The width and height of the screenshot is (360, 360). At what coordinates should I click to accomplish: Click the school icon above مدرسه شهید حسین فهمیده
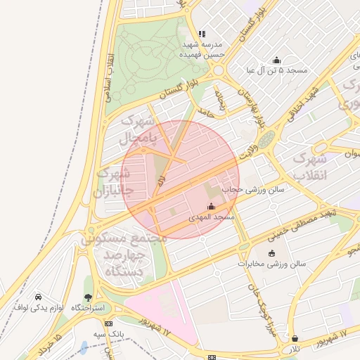[202, 33]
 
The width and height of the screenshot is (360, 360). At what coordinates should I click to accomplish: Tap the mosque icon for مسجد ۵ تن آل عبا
[276, 60]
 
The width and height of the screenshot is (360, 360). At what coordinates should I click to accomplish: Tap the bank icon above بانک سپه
[108, 323]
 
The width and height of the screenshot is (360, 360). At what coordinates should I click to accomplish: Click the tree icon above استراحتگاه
[88, 297]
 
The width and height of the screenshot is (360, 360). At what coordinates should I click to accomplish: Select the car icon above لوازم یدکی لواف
[37, 297]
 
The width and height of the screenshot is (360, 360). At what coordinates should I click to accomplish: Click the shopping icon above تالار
[294, 338]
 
